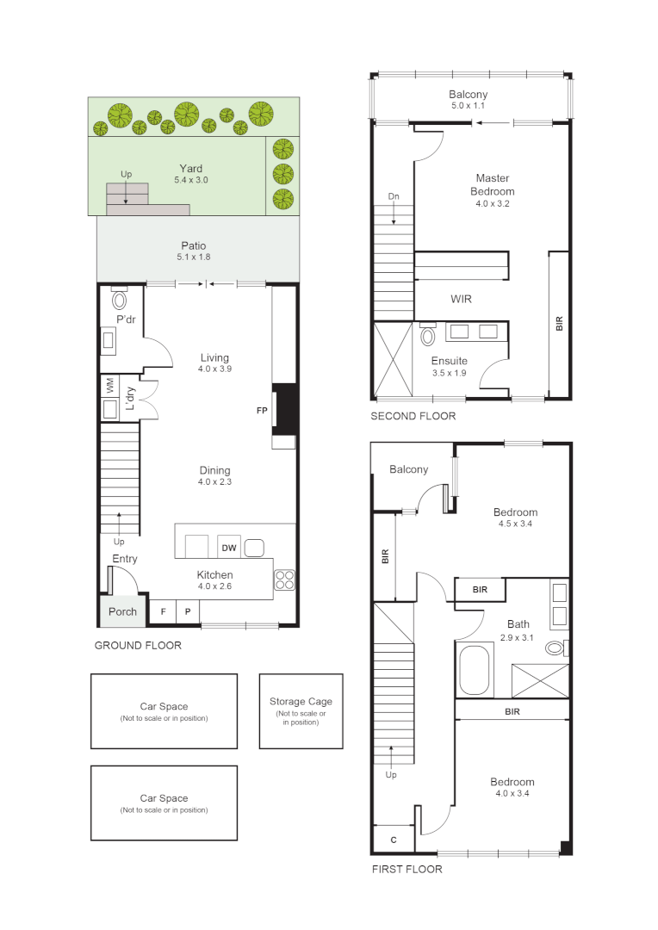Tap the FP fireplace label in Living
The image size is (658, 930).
click(262, 411)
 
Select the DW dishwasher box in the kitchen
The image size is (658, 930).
click(228, 548)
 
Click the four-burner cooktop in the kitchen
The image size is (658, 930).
click(285, 580)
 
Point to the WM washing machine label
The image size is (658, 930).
click(109, 385)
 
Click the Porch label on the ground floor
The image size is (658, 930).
click(122, 612)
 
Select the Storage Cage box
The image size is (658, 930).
click(301, 710)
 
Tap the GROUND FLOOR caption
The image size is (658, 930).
click(138, 645)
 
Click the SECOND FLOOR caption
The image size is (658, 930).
click(413, 416)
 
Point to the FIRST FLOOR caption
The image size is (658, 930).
click(407, 869)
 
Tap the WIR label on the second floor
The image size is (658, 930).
click(462, 299)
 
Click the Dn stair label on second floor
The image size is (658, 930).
click(394, 196)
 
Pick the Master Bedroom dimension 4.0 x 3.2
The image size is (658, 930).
click(493, 204)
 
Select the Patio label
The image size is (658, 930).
click(193, 245)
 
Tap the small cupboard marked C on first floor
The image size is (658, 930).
click(393, 840)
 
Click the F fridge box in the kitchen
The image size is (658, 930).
click(163, 611)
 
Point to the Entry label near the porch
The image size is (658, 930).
click(124, 559)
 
